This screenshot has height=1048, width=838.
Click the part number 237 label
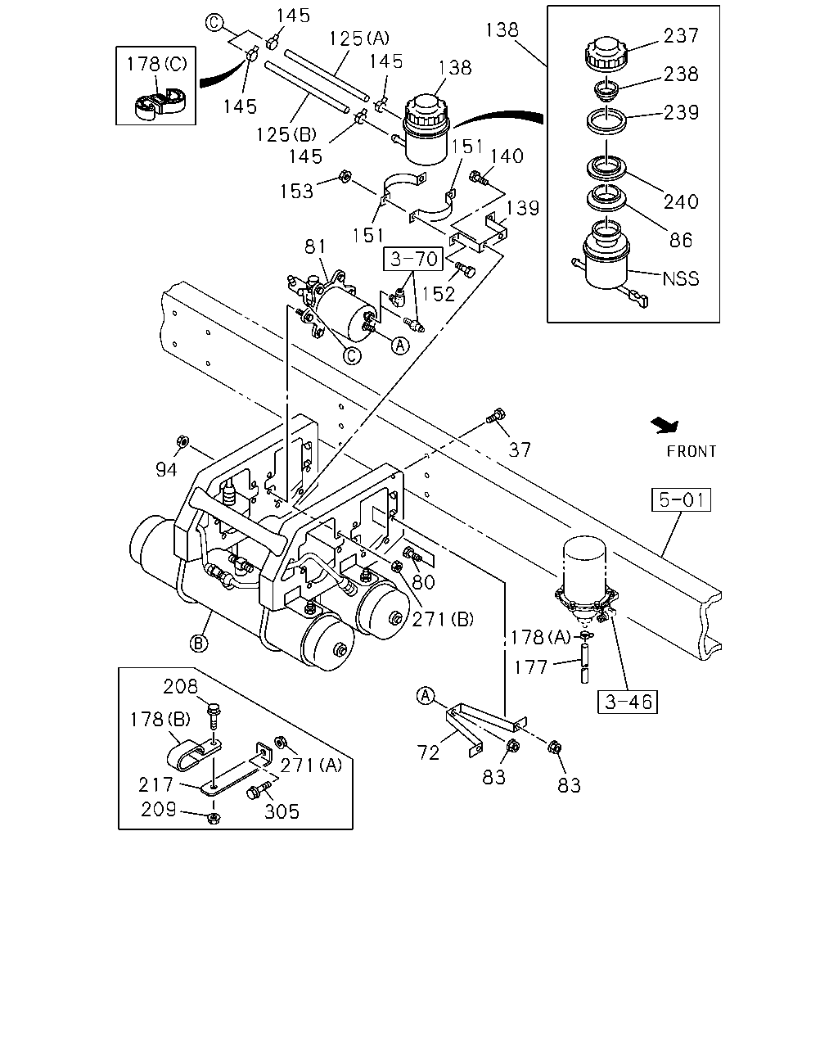681,35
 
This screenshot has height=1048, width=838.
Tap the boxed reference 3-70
413,259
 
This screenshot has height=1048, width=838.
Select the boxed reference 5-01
681,499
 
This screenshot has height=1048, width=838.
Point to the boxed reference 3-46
628,702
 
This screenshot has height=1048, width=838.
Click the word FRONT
692,451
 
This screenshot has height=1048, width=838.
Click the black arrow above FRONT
665,425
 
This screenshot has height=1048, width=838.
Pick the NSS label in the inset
681,278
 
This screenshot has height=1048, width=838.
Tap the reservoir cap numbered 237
606,52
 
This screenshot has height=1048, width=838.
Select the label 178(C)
157,64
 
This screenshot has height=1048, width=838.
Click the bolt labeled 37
495,417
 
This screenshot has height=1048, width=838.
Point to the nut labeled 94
182,441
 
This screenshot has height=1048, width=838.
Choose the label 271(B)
443,620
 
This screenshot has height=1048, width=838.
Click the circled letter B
199,644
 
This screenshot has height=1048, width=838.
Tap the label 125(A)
359,38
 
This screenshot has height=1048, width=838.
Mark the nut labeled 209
213,818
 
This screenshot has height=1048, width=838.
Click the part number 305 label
282,812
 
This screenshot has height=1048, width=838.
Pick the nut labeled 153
345,176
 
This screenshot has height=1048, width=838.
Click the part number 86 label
680,240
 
